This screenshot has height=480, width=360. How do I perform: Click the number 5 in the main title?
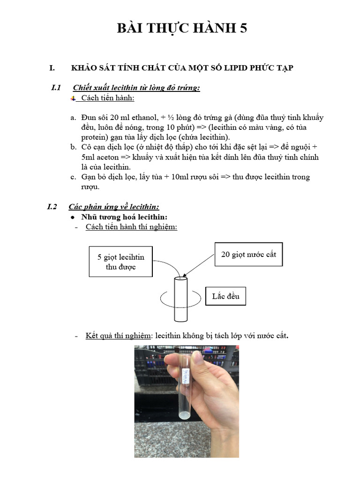click(243, 29)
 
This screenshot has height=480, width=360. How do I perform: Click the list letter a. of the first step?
click(73, 118)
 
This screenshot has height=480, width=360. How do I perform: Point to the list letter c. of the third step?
click(73, 177)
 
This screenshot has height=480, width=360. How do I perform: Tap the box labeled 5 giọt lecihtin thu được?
click(120, 262)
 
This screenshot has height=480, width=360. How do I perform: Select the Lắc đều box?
click(225, 296)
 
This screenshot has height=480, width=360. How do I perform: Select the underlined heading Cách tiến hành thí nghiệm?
click(131, 227)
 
